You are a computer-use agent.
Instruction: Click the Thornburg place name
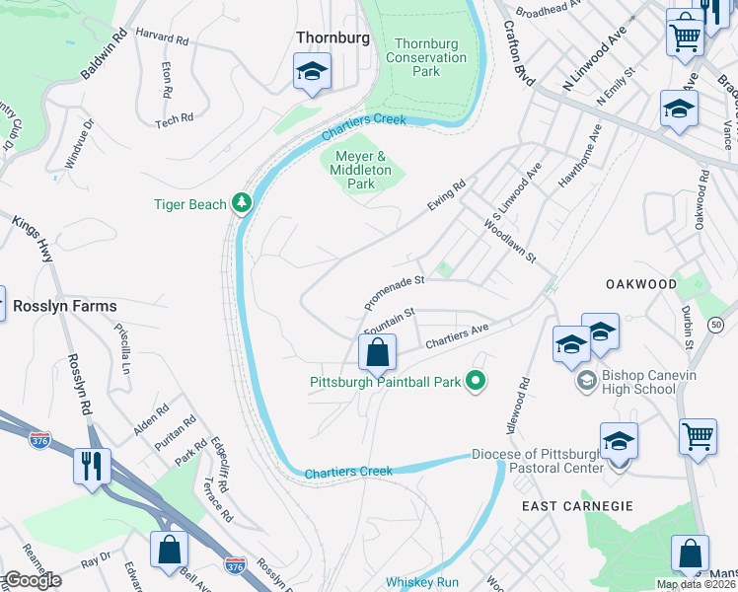pos(332,37)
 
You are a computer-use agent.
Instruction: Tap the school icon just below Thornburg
pos(312,72)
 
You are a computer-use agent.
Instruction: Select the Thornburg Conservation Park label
pos(430,57)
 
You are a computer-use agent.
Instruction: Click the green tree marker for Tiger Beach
pos(241,204)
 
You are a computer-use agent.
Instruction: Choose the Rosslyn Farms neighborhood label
pos(65,307)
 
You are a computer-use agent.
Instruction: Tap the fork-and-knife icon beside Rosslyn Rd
pos(92,465)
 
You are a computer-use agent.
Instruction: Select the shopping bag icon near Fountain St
pos(377,352)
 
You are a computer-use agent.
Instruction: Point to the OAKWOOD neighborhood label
pos(641,284)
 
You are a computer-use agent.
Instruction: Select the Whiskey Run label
pos(422,582)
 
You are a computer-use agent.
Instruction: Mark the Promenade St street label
pos(394,291)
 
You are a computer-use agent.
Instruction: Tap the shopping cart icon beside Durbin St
pos(698,436)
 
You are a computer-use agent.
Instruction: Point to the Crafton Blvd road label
pos(517,56)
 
